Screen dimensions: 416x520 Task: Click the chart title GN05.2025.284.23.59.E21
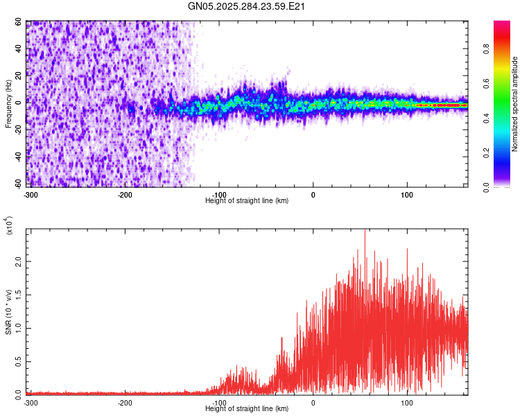[247, 7]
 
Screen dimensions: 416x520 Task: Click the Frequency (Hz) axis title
[8, 105]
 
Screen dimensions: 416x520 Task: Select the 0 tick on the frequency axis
[21, 103]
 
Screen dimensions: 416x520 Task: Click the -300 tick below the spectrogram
[31, 194]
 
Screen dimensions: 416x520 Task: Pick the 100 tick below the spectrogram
[407, 194]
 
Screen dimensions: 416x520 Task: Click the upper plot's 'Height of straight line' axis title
[247, 201]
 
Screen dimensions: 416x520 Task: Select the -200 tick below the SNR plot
[125, 403]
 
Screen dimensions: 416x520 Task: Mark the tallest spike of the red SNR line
[365, 232]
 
